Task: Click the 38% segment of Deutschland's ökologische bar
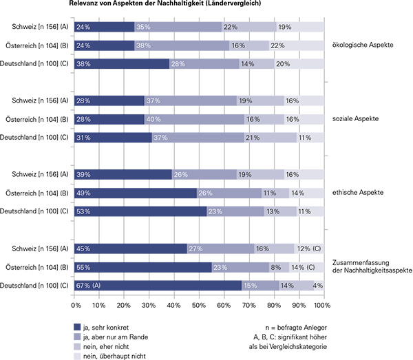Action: point(120,63)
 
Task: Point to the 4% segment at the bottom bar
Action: point(318,285)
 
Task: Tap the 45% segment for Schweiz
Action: point(129,248)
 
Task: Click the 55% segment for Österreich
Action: point(142,266)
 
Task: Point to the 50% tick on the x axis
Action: point(198,304)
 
